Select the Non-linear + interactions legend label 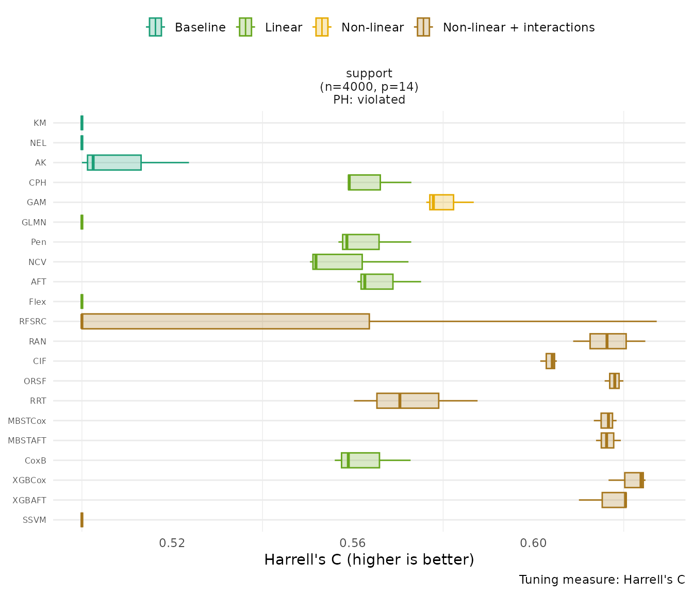pos(518,27)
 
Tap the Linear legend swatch pos(245,27)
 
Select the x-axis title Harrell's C pos(369,559)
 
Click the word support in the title pos(369,73)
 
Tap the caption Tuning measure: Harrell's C pos(602,580)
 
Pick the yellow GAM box pos(441,202)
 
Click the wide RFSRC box pos(225,321)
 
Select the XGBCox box pos(634,480)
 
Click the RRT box pos(407,401)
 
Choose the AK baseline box pos(114,162)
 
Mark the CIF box pos(550,361)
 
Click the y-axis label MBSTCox pos(27,421)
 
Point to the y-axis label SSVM pos(35,520)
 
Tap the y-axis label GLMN pos(34,222)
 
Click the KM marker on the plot pos(82,123)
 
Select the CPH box pos(364,183)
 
